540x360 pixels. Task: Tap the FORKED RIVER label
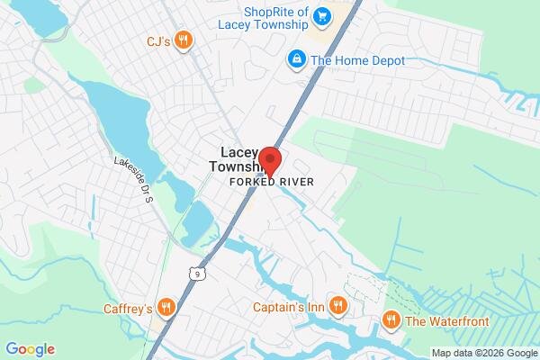[272, 181]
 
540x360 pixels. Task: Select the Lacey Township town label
[238, 159]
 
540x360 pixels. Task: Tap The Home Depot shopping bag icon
[295, 59]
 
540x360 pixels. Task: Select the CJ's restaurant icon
[184, 40]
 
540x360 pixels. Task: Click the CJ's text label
[158, 40]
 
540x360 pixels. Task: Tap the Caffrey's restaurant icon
[166, 308]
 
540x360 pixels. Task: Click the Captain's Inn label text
[289, 305]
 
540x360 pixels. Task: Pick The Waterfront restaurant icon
[391, 319]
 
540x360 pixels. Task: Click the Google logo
[30, 349]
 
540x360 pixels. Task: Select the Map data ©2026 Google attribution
[484, 353]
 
